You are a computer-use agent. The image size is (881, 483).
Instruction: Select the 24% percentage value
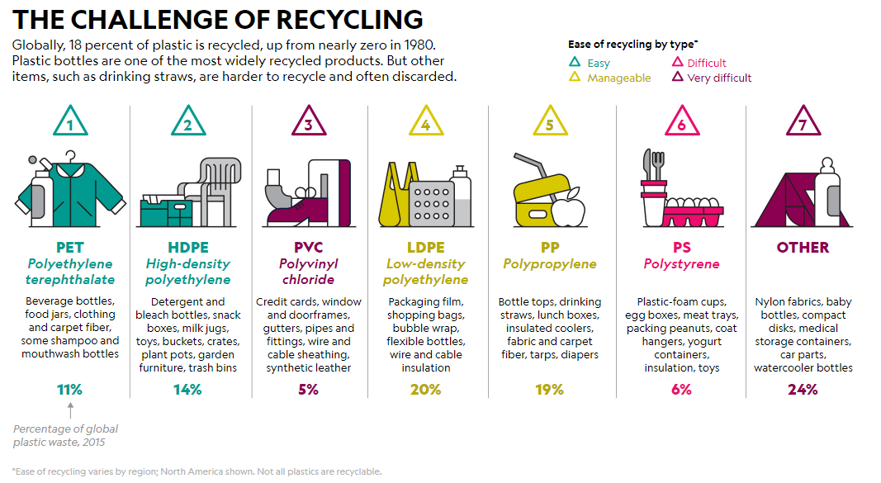[x=803, y=389]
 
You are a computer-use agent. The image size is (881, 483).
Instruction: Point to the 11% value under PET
[x=71, y=389]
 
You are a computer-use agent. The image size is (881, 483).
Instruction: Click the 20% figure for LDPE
[x=425, y=389]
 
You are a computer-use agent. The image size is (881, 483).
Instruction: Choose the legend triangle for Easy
[x=575, y=63]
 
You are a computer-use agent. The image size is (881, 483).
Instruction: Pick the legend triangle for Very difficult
[x=678, y=78]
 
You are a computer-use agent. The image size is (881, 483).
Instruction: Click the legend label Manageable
[x=618, y=78]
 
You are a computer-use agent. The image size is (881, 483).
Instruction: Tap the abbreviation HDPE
[x=188, y=248]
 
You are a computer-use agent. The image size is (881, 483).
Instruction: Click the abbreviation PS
[x=681, y=248]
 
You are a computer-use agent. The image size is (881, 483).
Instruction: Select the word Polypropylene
[x=549, y=264]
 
